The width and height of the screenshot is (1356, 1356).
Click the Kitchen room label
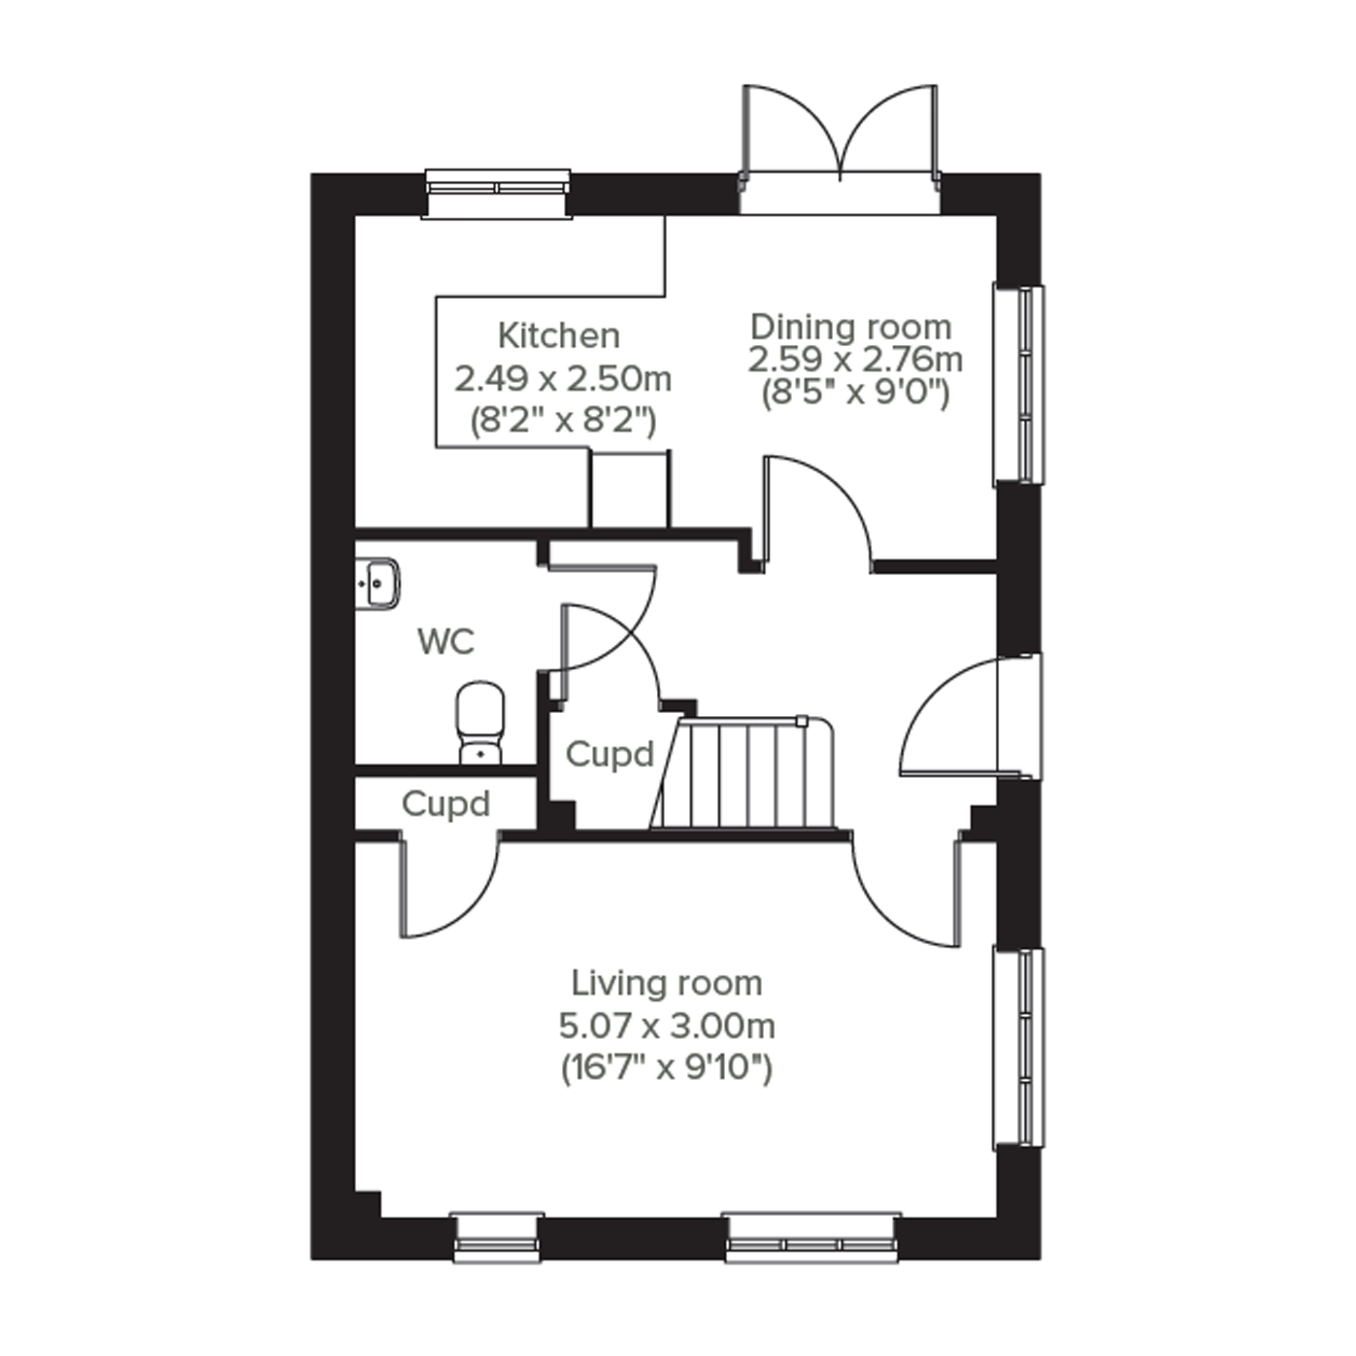click(x=558, y=336)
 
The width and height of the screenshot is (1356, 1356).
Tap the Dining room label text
click(x=851, y=327)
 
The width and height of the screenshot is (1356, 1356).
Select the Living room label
click(x=667, y=983)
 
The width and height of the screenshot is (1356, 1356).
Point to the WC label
click(x=446, y=641)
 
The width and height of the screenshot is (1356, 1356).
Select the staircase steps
click(x=743, y=772)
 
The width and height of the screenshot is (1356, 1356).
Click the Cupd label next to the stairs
click(x=609, y=755)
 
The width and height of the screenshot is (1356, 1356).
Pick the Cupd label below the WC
click(x=446, y=804)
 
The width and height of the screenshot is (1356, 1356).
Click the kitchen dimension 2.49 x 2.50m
click(x=563, y=380)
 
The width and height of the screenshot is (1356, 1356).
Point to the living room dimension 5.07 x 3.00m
click(x=667, y=1027)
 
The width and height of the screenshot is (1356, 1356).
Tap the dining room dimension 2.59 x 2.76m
click(x=855, y=360)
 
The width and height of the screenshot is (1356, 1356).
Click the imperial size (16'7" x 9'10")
click(x=667, y=1069)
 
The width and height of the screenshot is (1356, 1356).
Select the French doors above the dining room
click(x=840, y=149)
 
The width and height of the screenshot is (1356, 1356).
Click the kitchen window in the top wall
click(x=497, y=194)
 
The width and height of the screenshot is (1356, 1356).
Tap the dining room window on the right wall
click(x=1018, y=384)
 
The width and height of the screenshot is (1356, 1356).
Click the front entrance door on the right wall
click(x=968, y=716)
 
